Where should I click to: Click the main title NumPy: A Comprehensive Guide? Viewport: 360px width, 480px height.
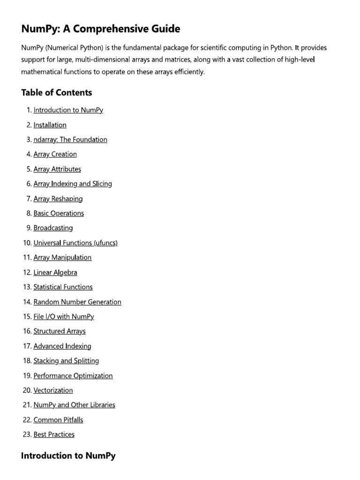[100, 29]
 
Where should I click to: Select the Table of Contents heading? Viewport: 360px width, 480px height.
[56, 92]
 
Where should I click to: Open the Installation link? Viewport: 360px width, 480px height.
[50, 125]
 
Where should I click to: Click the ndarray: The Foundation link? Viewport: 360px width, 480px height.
[70, 140]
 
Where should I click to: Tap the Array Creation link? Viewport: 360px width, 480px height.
[55, 154]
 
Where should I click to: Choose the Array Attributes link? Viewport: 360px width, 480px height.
[57, 169]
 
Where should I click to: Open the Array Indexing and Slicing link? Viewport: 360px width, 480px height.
[73, 184]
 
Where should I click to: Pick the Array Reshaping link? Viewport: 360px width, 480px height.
[58, 199]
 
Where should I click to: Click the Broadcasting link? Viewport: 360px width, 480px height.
[53, 228]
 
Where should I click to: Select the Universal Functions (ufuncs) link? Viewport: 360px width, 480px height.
[75, 243]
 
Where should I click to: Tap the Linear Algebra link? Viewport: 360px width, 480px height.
[55, 272]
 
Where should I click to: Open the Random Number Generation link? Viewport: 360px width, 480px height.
[77, 302]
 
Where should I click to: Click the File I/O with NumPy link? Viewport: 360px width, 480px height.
[64, 316]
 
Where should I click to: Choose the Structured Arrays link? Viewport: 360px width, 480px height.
[60, 331]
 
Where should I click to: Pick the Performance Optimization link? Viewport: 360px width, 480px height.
[73, 375]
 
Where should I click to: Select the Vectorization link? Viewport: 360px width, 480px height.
[53, 390]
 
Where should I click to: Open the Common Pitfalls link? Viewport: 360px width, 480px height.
[58, 420]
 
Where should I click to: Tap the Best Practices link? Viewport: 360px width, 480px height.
[54, 435]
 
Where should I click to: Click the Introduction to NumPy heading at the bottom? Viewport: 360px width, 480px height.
[68, 456]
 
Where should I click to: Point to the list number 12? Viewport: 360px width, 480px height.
[27, 272]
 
